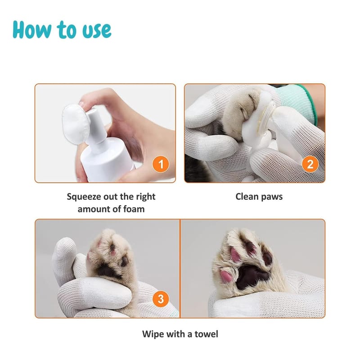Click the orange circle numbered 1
point(161,164)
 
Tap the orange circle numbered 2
point(310,164)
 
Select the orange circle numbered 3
point(161,299)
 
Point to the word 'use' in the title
point(97,31)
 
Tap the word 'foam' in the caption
point(134,209)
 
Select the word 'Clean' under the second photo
point(247,197)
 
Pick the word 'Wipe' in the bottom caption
point(153,334)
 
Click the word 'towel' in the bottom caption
point(206,334)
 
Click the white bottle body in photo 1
point(108,161)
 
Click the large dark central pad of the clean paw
point(252,277)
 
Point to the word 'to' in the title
point(67,30)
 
